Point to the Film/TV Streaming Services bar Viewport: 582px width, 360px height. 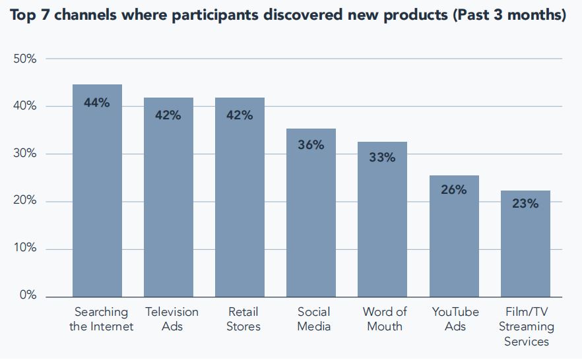tap(525, 244)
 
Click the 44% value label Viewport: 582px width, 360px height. tap(97, 103)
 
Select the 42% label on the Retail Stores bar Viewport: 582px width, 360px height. tap(240, 115)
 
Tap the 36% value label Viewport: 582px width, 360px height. tap(311, 145)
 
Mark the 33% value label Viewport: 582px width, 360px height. tap(382, 158)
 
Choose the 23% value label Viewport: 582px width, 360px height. tap(525, 204)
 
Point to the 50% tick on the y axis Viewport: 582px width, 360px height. tap(24, 59)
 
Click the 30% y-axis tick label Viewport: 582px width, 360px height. tap(24, 154)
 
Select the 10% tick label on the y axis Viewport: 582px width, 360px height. tap(24, 249)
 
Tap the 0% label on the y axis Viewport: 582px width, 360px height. tap(28, 296)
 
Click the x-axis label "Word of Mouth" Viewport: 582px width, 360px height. tap(385, 319)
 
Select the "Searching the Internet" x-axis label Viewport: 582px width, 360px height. tap(101, 319)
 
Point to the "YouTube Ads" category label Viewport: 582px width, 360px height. tap(455, 319)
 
